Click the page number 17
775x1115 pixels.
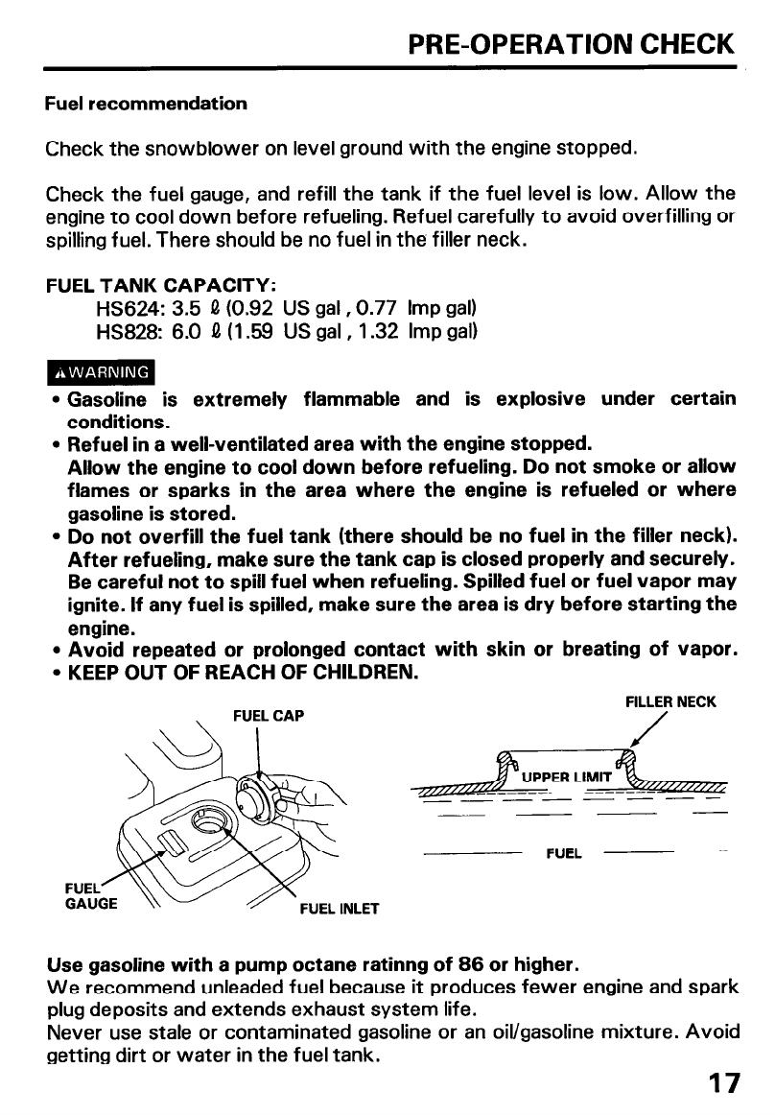[723, 1083]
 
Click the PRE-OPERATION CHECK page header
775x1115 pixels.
[571, 44]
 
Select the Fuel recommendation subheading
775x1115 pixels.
[146, 103]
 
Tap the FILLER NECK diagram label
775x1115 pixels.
[670, 702]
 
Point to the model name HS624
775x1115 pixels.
[126, 310]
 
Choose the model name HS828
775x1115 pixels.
[126, 332]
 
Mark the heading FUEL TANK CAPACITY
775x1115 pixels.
[162, 286]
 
